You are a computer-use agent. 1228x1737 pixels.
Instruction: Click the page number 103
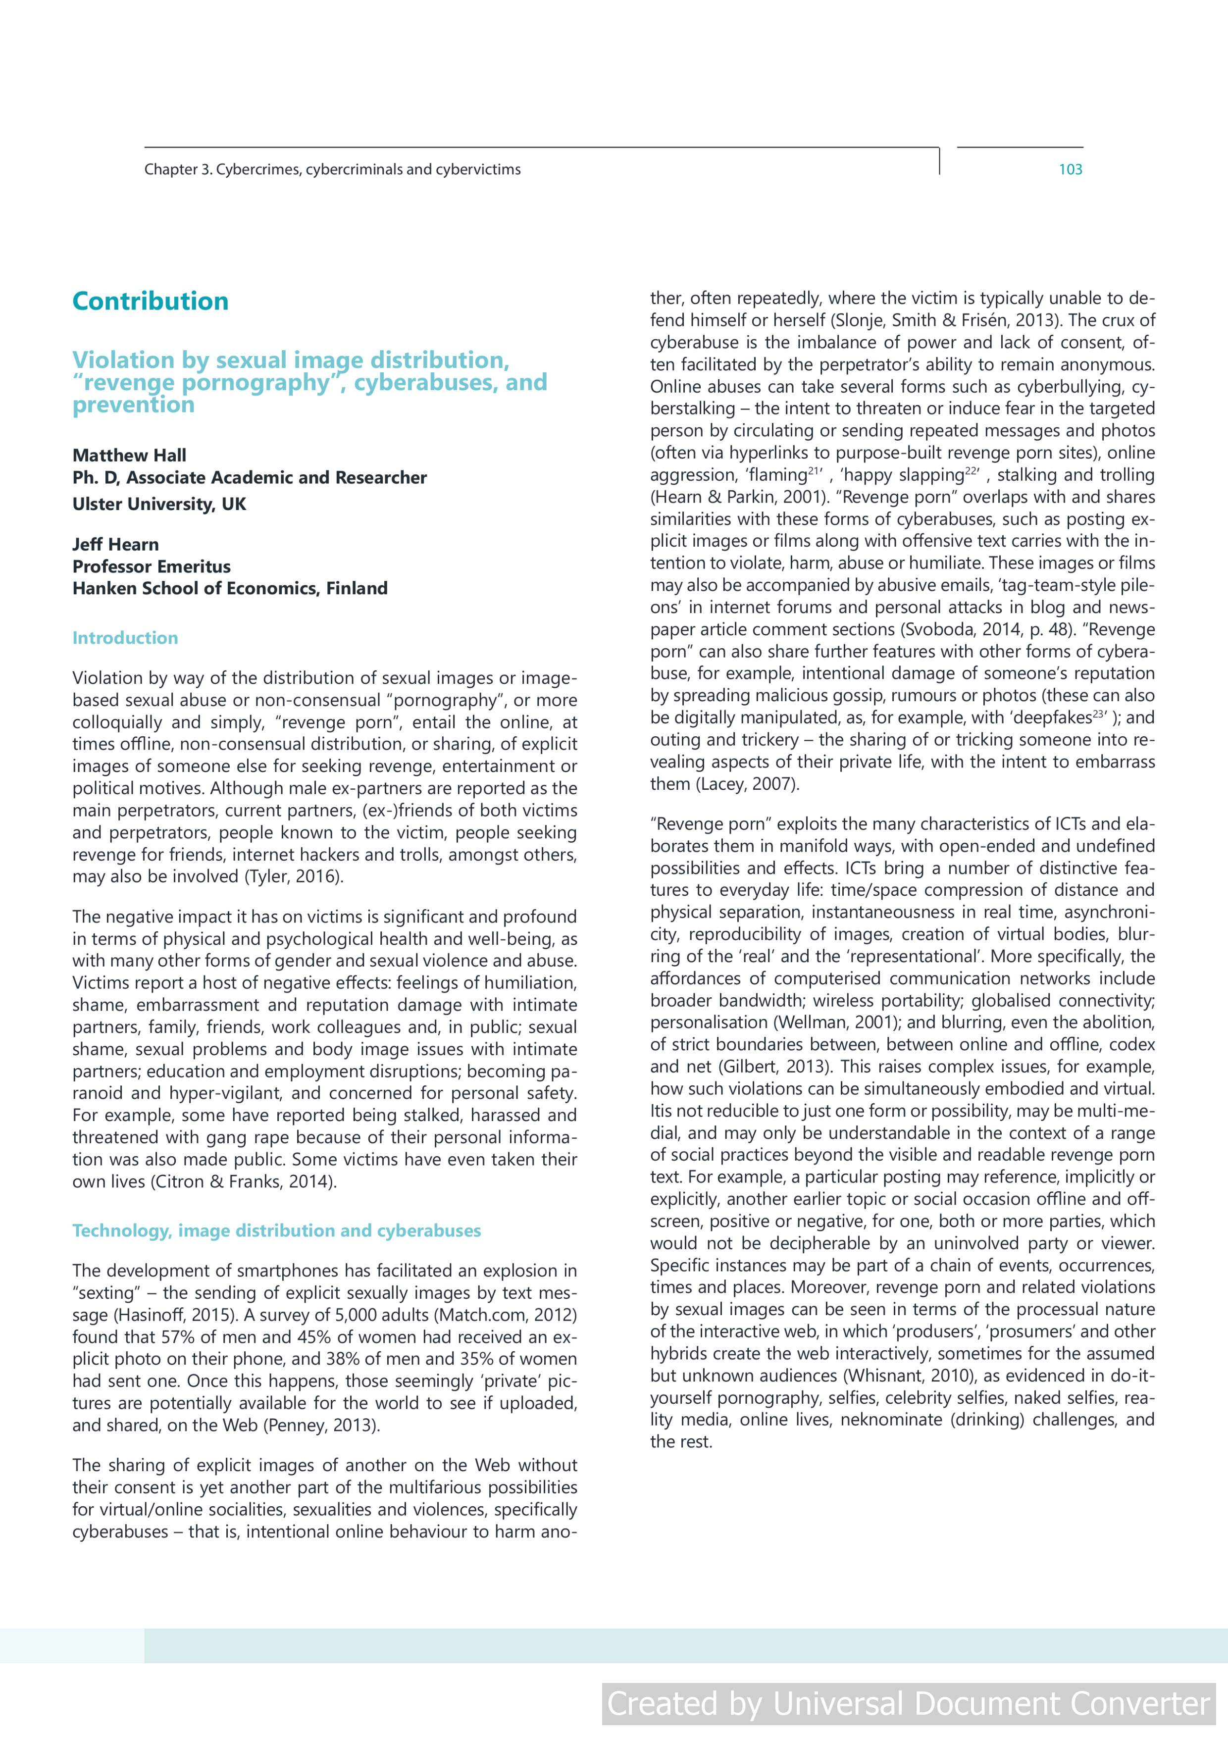pos(1070,169)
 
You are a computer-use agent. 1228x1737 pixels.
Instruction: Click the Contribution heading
pos(150,301)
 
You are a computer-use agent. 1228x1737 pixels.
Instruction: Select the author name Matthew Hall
pos(129,456)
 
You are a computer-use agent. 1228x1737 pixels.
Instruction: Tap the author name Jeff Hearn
pos(116,545)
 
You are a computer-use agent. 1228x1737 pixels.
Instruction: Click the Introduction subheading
pos(125,638)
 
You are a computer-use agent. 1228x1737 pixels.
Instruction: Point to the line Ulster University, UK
pos(159,504)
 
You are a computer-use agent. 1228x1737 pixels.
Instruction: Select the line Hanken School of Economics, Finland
pos(230,589)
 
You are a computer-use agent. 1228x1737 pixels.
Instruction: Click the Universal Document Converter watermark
pos(908,1704)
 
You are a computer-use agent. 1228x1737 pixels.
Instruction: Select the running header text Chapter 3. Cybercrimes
pos(332,169)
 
